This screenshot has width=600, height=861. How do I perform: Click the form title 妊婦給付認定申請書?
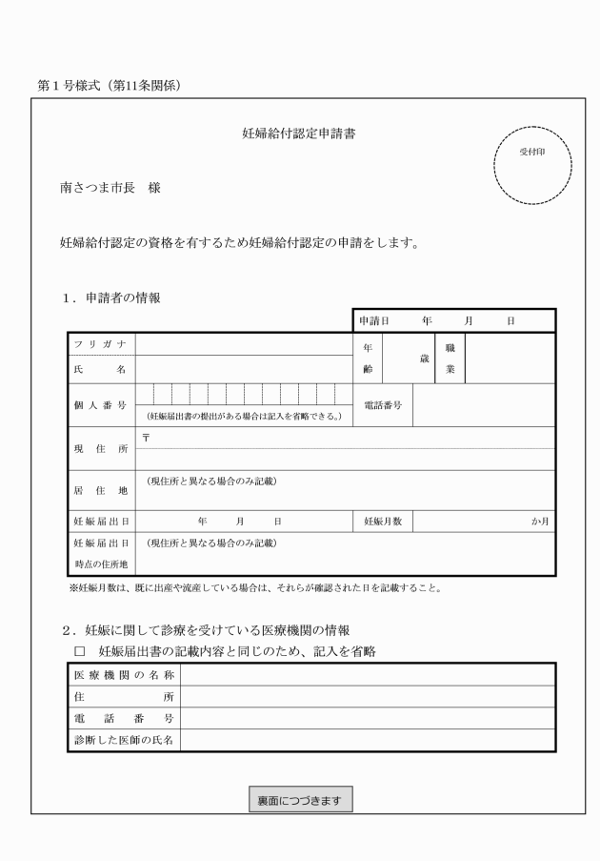coord(299,133)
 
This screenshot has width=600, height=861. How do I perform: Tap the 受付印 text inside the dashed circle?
coord(530,153)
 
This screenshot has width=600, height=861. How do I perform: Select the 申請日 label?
coord(374,321)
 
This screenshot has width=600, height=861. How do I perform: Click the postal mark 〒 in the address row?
coord(145,435)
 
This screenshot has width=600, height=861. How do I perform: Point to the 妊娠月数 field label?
coord(383,523)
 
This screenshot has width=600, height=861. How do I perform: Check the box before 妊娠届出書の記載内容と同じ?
coord(80,651)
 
